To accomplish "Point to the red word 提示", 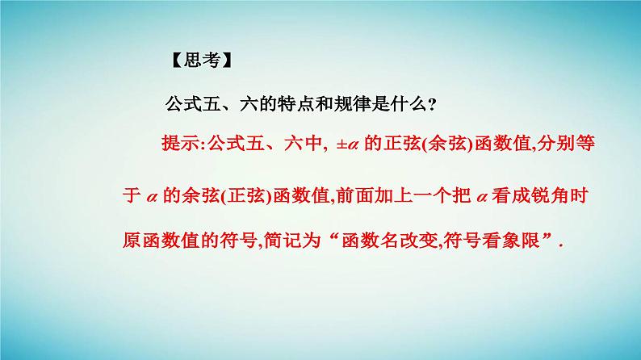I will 181,144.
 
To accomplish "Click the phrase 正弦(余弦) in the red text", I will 425,144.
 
